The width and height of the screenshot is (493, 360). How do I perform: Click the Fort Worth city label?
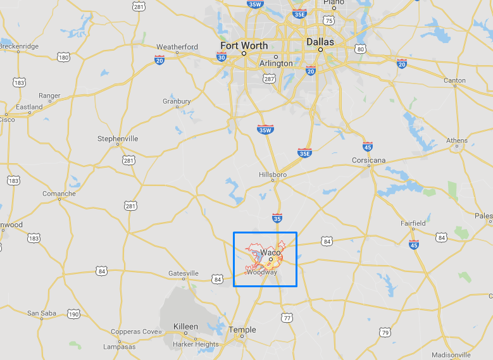point(244,46)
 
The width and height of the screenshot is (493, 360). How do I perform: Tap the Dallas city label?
point(320,42)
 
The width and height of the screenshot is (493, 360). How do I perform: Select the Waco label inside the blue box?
point(270,252)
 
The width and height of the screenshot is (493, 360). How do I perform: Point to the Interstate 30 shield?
point(221,58)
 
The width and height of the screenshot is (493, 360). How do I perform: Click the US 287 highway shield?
point(268,79)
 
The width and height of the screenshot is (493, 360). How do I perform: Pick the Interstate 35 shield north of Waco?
point(277,218)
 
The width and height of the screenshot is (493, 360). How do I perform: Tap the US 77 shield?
point(287,317)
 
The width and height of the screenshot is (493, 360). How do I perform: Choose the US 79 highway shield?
point(385,332)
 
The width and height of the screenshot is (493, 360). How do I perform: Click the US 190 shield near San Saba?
point(74,314)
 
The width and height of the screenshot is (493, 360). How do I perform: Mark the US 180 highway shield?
point(63,58)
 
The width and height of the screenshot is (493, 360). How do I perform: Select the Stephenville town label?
point(118,138)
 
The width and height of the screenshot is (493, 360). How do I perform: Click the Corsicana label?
point(368,160)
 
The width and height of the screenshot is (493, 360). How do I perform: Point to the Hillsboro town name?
point(273,174)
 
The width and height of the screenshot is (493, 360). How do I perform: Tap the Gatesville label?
point(184,273)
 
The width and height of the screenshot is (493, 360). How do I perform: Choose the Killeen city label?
point(186,327)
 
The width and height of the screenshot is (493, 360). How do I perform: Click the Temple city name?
point(242,330)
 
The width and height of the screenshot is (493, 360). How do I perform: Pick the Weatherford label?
point(177,47)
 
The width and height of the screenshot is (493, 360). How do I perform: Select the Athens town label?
point(457,140)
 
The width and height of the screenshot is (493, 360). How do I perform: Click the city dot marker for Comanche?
point(59,199)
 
